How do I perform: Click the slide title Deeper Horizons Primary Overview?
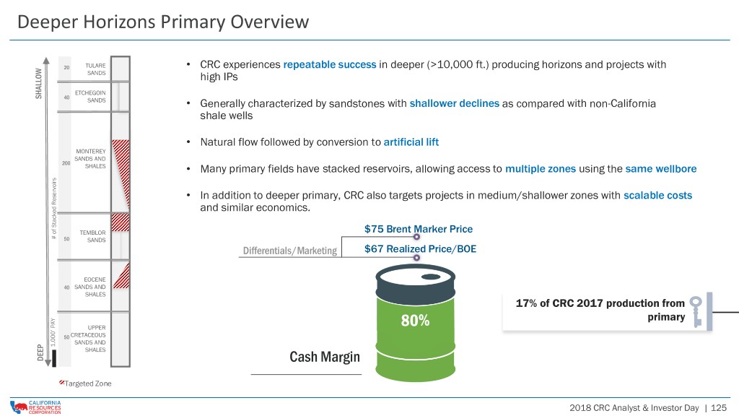click(x=163, y=22)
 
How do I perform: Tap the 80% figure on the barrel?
click(x=415, y=321)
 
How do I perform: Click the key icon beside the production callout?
click(x=696, y=311)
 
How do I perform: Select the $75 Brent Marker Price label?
click(x=419, y=229)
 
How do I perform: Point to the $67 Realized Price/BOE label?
click(x=421, y=248)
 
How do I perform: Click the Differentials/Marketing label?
click(x=290, y=251)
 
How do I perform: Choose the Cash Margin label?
click(x=325, y=357)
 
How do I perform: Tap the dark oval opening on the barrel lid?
click(x=431, y=277)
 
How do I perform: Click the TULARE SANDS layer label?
click(x=96, y=69)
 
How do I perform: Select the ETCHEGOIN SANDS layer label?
click(x=90, y=97)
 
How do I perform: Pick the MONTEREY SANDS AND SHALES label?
click(x=90, y=158)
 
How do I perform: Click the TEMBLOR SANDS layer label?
click(x=93, y=236)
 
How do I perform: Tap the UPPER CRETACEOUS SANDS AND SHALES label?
click(x=89, y=339)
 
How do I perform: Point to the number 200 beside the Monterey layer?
click(x=66, y=163)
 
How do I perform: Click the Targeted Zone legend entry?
click(x=85, y=383)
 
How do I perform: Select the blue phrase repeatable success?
click(x=330, y=64)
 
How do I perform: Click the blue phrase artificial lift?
click(x=411, y=142)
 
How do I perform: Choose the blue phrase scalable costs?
click(x=658, y=195)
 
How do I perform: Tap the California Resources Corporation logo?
click(x=36, y=407)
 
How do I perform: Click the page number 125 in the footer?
click(x=719, y=408)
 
